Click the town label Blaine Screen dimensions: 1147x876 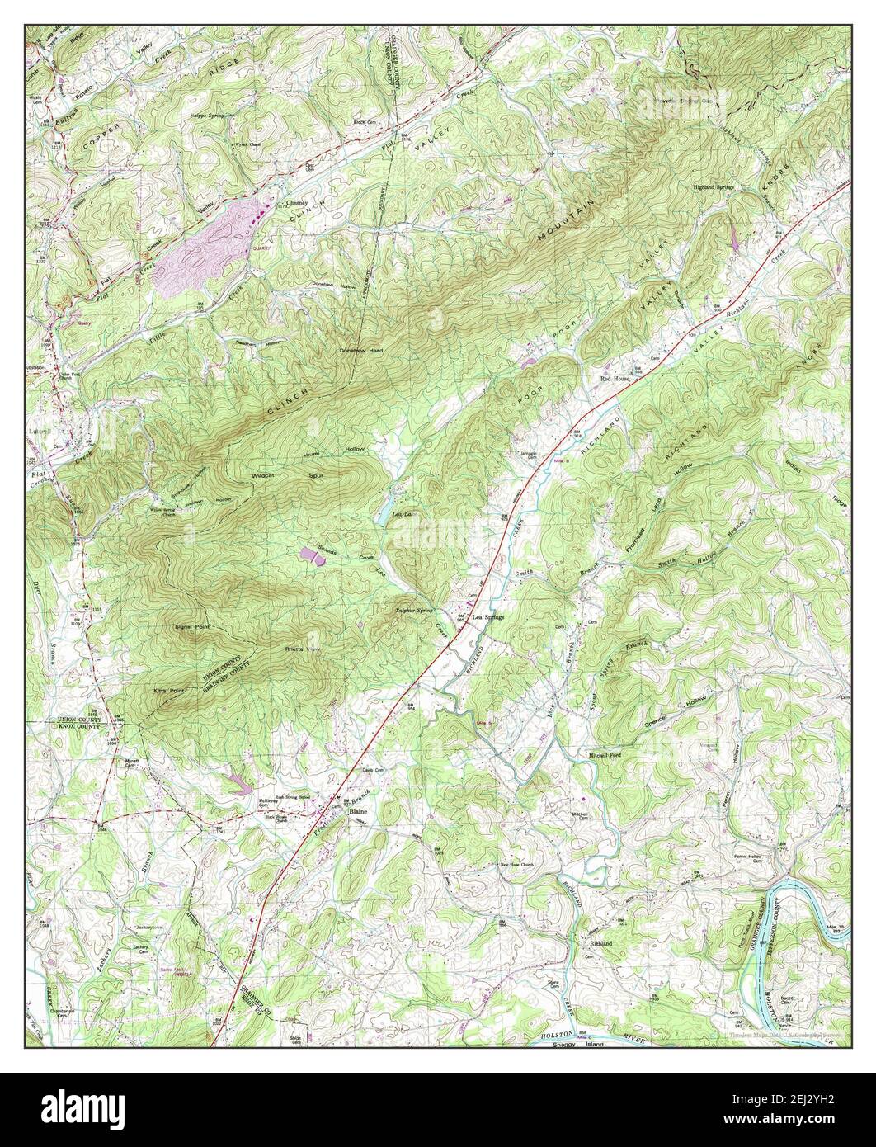pyautogui.click(x=358, y=813)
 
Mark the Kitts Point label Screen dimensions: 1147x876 pyautogui.click(x=166, y=687)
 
